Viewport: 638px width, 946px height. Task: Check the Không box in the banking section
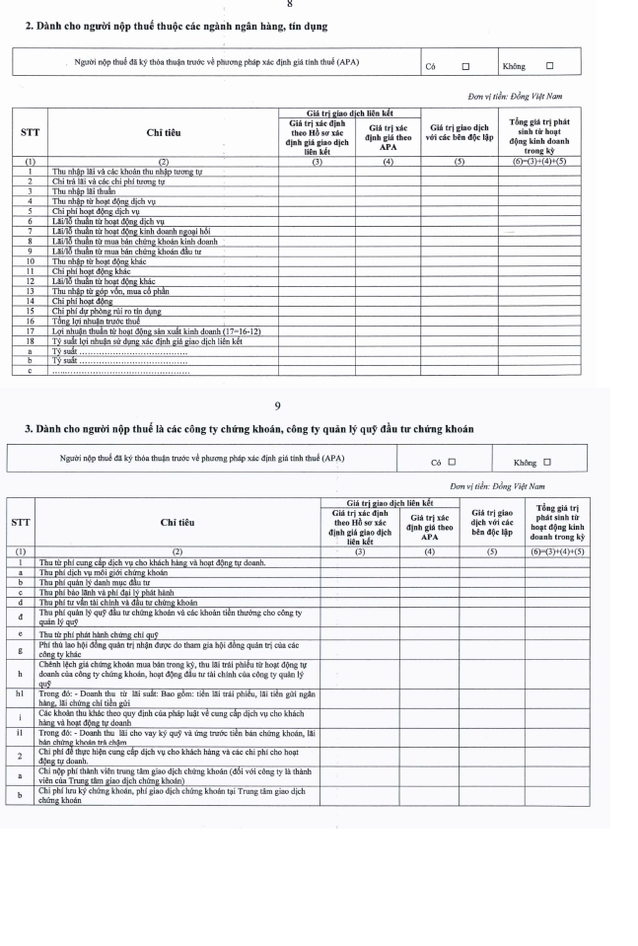tap(549, 67)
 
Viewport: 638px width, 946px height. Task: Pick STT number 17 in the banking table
tap(31, 330)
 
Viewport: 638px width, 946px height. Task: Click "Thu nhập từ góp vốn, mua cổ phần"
tap(108, 290)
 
